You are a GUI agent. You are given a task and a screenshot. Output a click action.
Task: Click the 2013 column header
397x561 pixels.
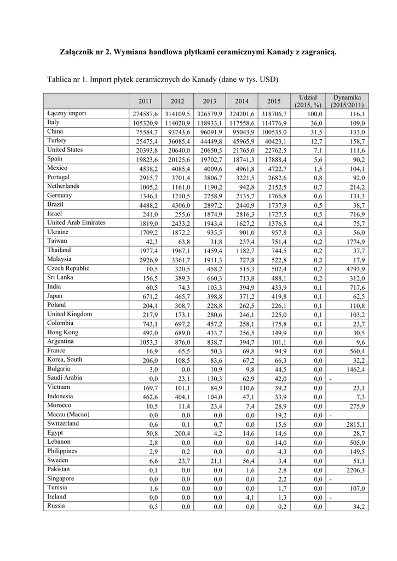point(209,101)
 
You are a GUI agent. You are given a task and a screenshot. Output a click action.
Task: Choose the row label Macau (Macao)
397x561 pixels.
point(68,414)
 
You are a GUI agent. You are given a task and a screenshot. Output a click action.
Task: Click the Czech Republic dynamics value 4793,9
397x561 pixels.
point(355,269)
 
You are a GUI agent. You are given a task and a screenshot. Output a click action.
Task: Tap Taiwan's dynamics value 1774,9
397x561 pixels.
point(355,242)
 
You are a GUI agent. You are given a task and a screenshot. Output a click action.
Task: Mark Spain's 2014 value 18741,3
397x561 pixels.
point(241,159)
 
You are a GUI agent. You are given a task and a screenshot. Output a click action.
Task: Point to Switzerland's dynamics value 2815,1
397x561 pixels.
point(355,424)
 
